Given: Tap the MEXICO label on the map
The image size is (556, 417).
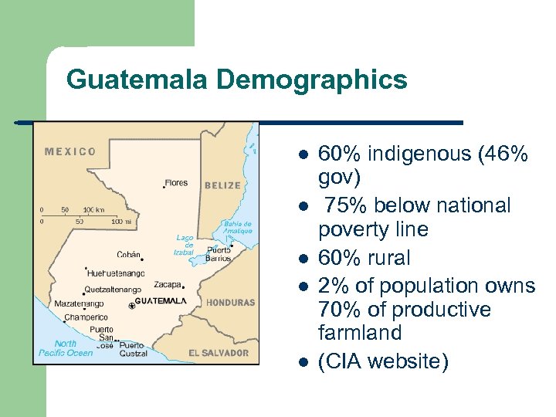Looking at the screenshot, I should point(70,151).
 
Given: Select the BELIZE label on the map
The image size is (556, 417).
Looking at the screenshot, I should point(222,185).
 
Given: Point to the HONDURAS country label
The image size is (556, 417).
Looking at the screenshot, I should point(230,303).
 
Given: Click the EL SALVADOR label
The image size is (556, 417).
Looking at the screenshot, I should point(219,353).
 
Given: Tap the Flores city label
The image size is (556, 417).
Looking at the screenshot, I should point(176,183).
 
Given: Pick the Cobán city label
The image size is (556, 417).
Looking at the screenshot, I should point(128,253).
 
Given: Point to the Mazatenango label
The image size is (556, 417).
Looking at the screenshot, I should point(79,303).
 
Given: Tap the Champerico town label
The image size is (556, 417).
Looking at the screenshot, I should point(86,317).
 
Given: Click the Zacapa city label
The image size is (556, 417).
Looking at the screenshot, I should point(168,284).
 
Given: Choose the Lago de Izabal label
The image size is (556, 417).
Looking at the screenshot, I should point(184,245).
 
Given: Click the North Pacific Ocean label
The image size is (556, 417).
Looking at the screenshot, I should point(66,348).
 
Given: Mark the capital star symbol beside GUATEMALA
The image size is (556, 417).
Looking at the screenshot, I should point(132,306).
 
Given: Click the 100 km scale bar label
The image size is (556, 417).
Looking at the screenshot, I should point(93,209).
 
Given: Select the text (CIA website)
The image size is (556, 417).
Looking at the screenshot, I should point(383,361).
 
